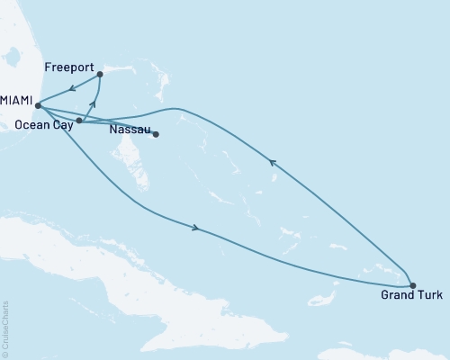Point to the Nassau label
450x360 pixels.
(129, 130)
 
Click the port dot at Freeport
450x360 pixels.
(99, 75)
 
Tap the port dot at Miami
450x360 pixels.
(38, 105)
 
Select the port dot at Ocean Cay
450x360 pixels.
(79, 120)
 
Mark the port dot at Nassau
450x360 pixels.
(156, 135)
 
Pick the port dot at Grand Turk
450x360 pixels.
(412, 285)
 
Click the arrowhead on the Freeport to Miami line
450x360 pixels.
(70, 89)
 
